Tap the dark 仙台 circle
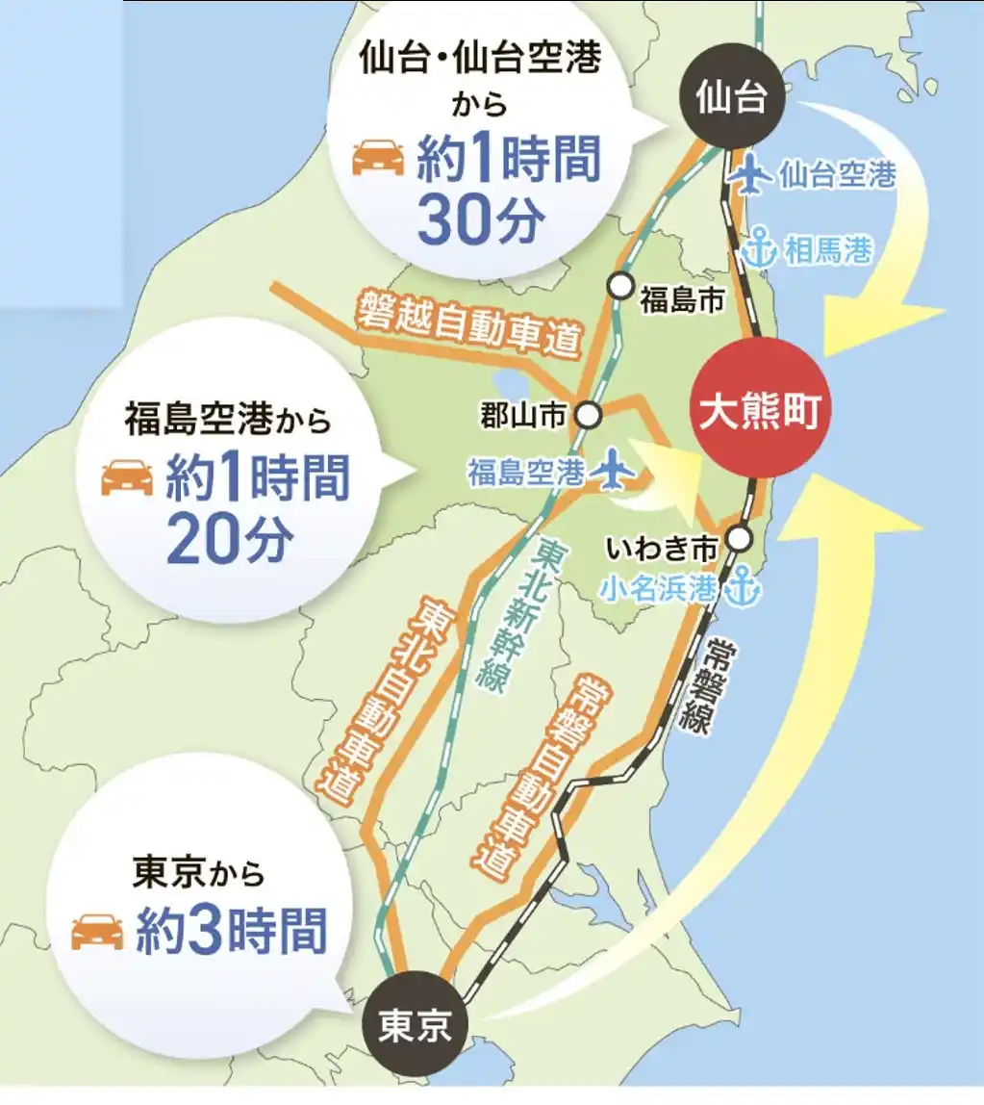(733, 97)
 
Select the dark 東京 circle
(415, 1026)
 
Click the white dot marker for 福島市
(621, 286)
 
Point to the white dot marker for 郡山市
(588, 415)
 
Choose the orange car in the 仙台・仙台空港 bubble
(378, 157)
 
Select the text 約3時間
(231, 931)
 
